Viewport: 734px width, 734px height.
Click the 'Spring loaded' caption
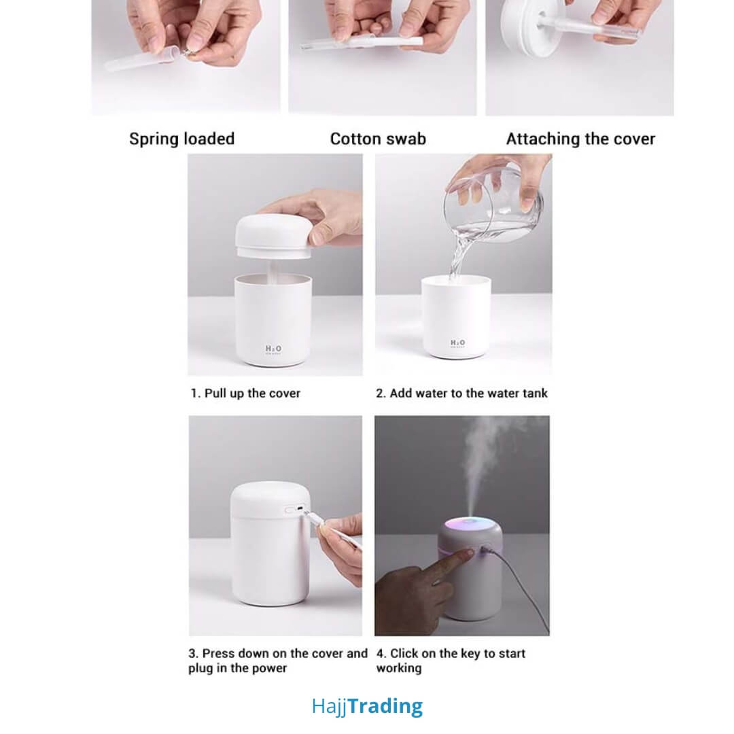tap(181, 139)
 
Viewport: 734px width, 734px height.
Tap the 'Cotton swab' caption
tap(378, 139)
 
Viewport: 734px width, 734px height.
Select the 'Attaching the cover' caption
tap(580, 139)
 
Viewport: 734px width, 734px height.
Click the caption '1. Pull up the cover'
tap(245, 394)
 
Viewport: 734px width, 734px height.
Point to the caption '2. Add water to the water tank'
tap(461, 394)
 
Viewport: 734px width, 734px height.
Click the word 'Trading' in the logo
tap(385, 706)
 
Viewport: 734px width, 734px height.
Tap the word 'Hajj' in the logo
tap(329, 707)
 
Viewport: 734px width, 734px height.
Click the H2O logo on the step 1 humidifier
tap(273, 349)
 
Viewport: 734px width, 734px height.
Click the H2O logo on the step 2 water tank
tap(457, 344)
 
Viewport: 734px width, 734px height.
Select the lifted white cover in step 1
tap(273, 235)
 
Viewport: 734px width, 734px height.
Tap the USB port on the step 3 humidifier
tap(300, 507)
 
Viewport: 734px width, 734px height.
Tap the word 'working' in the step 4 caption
tap(399, 669)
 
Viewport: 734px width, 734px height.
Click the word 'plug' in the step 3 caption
tap(200, 669)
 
